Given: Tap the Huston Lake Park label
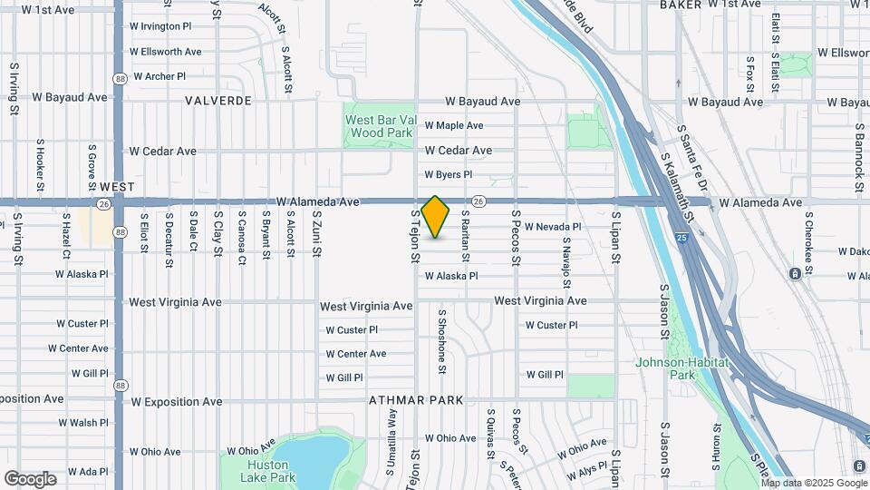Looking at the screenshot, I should (x=270, y=471).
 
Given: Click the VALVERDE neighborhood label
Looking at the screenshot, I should (x=217, y=101).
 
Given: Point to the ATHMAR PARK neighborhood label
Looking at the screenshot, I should (x=416, y=400).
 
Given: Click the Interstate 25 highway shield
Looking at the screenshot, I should (x=681, y=238).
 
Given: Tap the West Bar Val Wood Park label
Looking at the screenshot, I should (x=380, y=126).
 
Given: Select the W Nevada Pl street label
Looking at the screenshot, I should (x=552, y=227).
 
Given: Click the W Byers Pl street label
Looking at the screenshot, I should (x=449, y=174).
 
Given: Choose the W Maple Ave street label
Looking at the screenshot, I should (x=454, y=125).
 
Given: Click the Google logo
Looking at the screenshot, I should (x=30, y=479).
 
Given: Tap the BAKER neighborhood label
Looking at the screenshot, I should (x=681, y=5).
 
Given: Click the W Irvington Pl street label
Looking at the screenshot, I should (x=160, y=27).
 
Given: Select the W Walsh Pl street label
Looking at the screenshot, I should (x=82, y=423).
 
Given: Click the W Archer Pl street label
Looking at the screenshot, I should (x=159, y=77).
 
